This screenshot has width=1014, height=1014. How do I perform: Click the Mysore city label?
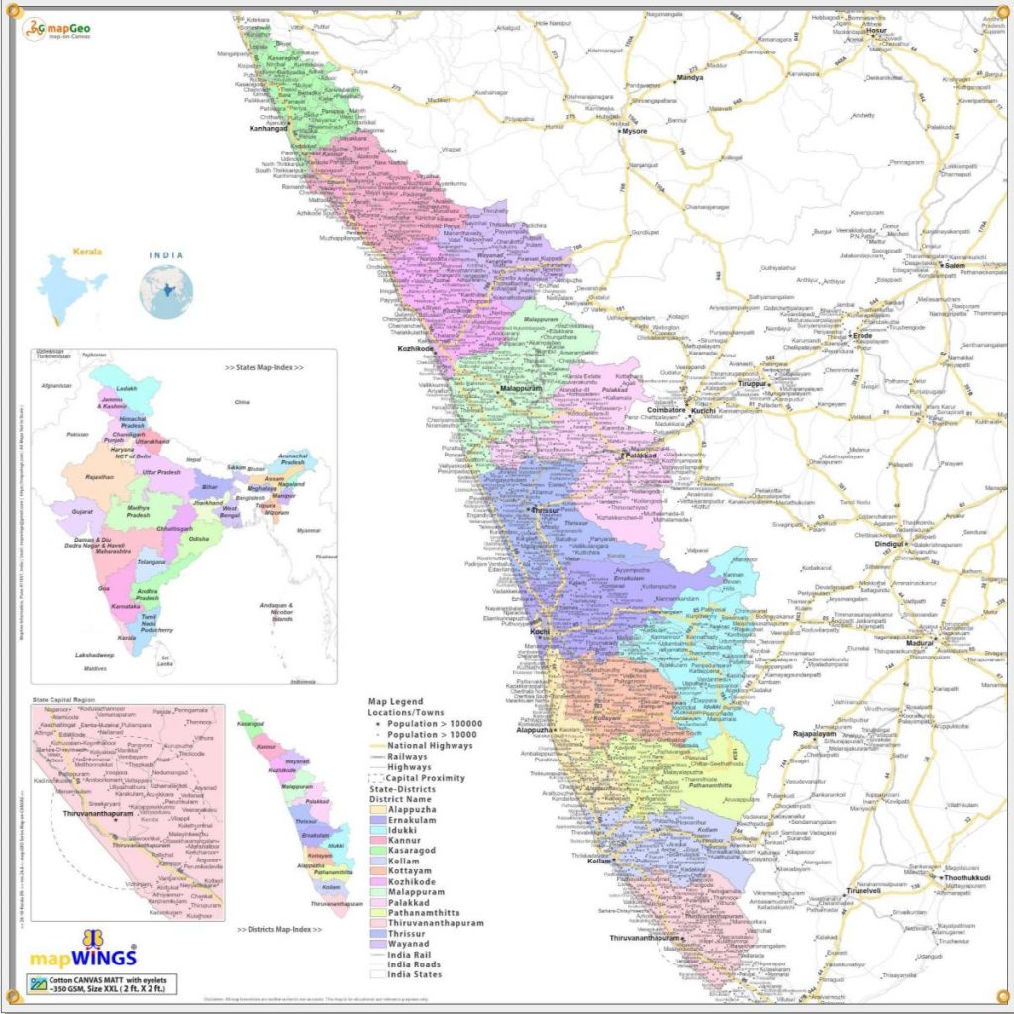click(635, 130)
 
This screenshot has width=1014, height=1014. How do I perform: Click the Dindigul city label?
click(892, 544)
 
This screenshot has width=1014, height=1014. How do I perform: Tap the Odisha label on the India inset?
click(199, 538)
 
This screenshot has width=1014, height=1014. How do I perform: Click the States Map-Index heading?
click(263, 367)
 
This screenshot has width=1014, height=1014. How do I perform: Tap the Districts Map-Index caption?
click(280, 931)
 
